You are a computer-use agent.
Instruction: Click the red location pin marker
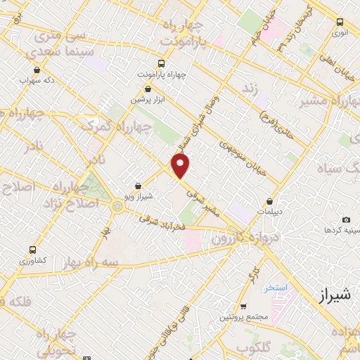pos(181,166)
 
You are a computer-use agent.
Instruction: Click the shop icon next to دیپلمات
pos(270,201)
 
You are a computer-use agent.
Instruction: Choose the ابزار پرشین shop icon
pos(148,89)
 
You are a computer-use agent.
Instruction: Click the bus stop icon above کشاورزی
pos(33,250)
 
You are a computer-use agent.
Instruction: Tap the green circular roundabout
pos(116,206)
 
